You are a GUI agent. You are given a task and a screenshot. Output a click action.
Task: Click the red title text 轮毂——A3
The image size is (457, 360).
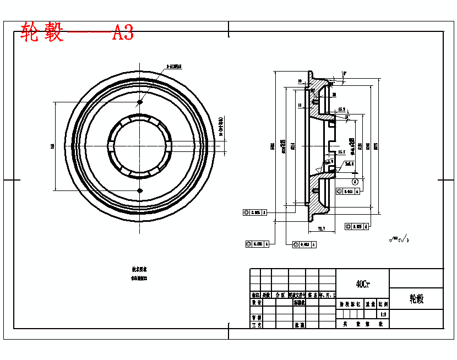77,32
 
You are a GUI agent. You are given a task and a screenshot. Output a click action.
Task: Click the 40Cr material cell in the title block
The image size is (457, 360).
362,284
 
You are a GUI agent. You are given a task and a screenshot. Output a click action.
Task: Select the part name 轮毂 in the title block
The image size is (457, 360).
416,299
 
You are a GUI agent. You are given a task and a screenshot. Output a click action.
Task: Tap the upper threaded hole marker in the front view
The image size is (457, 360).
140,102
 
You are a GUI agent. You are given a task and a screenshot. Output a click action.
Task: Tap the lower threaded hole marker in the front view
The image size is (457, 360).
140,190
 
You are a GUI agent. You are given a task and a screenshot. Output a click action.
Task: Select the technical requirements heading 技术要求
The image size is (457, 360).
139,270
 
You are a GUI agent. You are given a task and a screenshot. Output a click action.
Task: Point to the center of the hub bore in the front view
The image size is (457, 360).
140,146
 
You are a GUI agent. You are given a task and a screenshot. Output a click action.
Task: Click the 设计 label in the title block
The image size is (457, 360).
255,303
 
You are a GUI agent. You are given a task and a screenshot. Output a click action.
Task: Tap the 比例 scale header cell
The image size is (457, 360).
383,303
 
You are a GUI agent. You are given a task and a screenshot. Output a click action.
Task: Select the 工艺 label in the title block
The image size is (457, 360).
255,325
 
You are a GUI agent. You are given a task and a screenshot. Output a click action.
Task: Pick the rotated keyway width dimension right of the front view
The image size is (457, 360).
220,126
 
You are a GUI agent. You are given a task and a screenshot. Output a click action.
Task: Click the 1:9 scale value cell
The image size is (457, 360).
383,314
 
